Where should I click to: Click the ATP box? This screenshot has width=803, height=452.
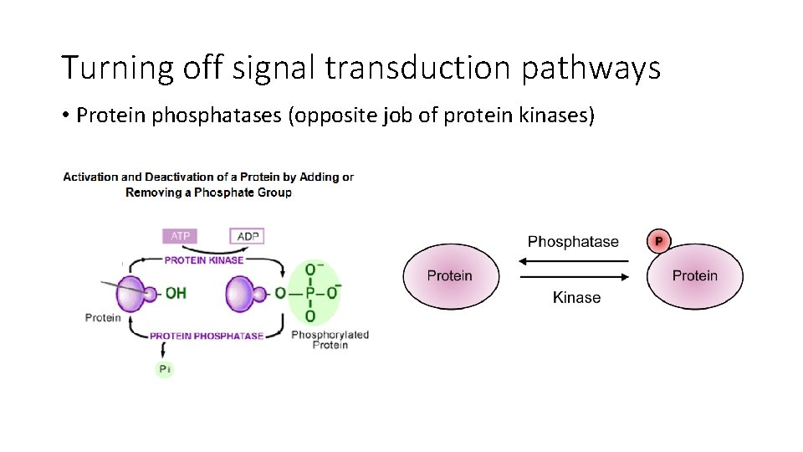pyautogui.click(x=181, y=236)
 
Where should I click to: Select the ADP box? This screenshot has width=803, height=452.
pyautogui.click(x=248, y=236)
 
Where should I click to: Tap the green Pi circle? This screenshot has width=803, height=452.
pyautogui.click(x=165, y=369)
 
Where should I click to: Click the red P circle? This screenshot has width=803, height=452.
pyautogui.click(x=658, y=241)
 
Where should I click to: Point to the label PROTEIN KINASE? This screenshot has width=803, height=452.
pyautogui.click(x=204, y=260)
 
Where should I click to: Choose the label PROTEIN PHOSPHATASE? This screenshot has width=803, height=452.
pyautogui.click(x=207, y=336)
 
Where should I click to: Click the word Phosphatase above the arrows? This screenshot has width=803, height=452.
pyautogui.click(x=573, y=242)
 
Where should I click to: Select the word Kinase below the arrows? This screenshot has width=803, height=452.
pyautogui.click(x=576, y=297)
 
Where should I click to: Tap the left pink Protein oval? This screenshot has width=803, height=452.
pyautogui.click(x=451, y=276)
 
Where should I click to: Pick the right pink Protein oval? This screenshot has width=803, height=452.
pyautogui.click(x=695, y=276)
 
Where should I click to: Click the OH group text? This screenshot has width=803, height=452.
pyautogui.click(x=176, y=293)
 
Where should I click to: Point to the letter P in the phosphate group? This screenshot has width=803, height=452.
pyautogui.click(x=310, y=292)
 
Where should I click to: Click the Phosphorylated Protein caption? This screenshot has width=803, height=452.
pyautogui.click(x=330, y=340)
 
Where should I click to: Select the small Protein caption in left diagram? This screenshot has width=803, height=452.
pyautogui.click(x=103, y=317)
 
